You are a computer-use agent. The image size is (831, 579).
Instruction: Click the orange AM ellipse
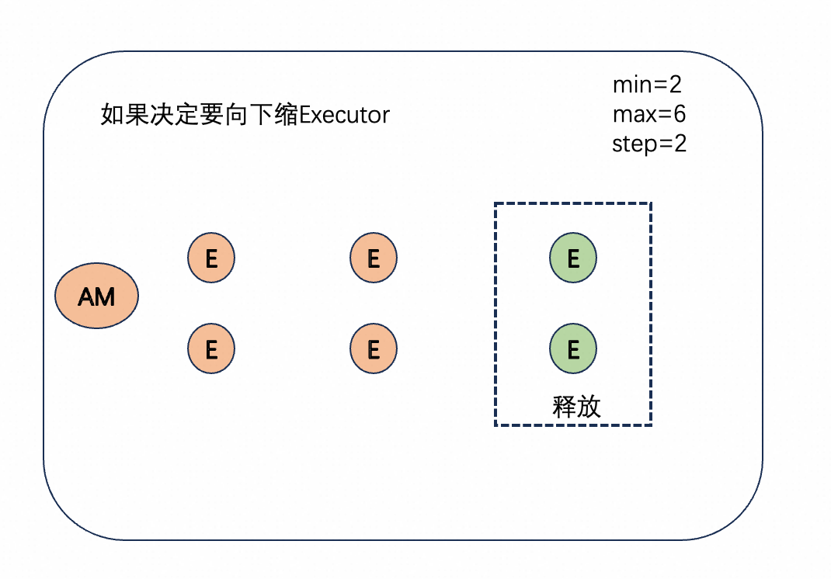coord(96,296)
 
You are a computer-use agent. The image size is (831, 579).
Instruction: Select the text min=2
coord(646,85)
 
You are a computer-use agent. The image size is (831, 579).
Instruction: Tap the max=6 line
coord(648,114)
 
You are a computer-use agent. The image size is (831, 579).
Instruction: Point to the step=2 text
coord(649,144)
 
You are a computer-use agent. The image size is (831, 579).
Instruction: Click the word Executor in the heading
coord(344,115)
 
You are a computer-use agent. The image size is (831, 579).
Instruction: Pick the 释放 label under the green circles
coord(576,407)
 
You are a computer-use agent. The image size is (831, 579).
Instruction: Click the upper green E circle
coord(573,258)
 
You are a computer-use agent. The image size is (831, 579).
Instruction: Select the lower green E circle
coord(573,349)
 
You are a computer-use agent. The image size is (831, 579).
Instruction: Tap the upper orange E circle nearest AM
coord(210,258)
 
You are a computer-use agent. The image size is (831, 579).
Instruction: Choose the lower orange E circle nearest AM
coord(210,349)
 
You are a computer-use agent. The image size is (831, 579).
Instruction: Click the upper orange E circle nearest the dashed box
coord(373,258)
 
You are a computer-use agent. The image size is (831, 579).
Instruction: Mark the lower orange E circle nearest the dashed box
coord(373,349)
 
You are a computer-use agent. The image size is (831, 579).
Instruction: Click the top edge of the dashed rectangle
coord(573,203)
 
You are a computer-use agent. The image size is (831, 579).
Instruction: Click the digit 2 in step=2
coord(680,144)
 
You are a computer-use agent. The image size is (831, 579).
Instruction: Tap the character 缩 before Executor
coord(285,115)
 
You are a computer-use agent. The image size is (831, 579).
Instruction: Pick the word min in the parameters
coord(631,85)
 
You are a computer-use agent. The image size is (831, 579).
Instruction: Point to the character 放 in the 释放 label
coord(589,407)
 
